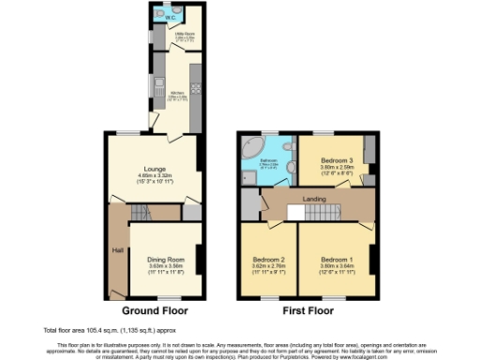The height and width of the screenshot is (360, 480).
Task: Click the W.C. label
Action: [x=171, y=17]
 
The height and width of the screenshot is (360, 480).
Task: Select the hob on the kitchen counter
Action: [x=195, y=76]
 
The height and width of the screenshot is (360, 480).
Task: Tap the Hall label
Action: [x=117, y=250]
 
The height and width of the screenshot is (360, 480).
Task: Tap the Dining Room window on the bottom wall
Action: [x=169, y=298]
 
